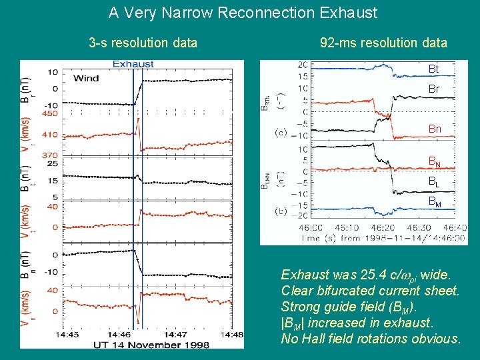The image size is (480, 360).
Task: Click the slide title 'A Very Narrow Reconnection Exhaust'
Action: (x=243, y=13)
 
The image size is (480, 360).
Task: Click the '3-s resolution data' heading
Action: (x=143, y=43)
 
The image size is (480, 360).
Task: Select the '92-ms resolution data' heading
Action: (x=383, y=43)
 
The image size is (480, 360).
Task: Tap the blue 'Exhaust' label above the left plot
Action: (x=133, y=65)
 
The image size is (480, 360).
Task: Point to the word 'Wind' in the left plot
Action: (x=86, y=78)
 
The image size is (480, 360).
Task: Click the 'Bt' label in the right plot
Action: (x=433, y=69)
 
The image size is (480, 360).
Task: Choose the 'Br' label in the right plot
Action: (x=433, y=89)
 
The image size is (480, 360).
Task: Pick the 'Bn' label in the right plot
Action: (x=434, y=129)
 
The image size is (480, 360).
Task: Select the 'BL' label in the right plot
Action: (x=434, y=181)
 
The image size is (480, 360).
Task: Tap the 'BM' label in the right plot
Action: (x=434, y=201)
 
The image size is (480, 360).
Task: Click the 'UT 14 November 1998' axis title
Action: (x=152, y=344)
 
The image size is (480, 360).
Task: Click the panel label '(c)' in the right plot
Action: (x=281, y=133)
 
